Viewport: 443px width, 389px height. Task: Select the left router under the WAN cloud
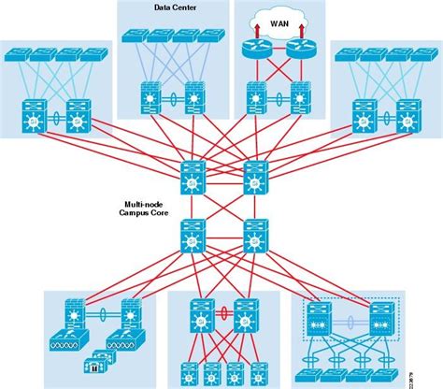click(254, 52)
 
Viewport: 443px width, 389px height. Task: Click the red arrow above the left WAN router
click(254, 32)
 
